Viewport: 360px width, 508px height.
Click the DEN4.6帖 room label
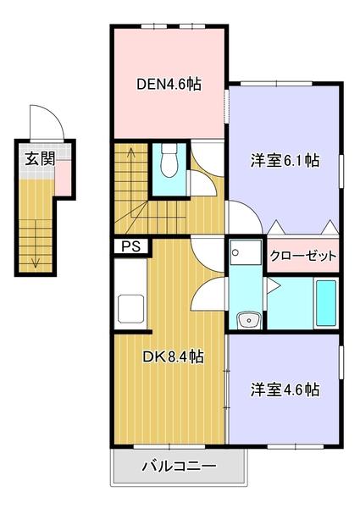(169, 84)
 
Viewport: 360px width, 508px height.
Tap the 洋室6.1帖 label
(285, 160)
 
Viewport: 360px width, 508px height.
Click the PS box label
(130, 247)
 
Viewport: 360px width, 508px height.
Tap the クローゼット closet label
(303, 256)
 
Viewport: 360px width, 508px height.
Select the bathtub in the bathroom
(326, 304)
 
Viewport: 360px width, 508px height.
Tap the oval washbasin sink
(246, 319)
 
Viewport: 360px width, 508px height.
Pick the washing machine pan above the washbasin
(245, 253)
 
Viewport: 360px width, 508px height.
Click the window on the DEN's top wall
(169, 27)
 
